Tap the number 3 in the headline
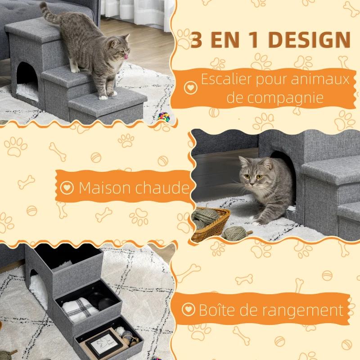click(x=196, y=40)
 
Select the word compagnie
click(x=275, y=98)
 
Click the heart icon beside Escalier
click(x=191, y=87)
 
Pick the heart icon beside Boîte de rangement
click(x=188, y=310)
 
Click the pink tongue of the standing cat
click(x=126, y=57)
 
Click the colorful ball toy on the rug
click(x=163, y=117)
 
